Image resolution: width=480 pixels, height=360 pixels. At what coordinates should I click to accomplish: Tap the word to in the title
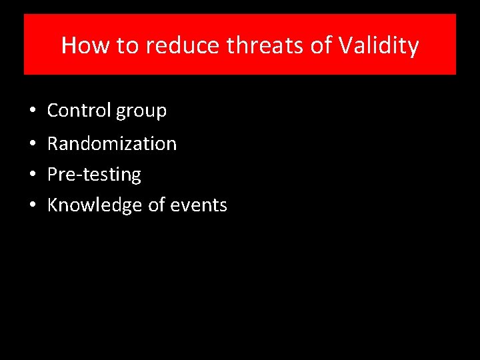point(126,45)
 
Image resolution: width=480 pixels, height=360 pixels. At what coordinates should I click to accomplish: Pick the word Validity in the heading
point(379,45)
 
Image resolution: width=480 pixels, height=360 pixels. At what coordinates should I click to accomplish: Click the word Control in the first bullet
point(79,111)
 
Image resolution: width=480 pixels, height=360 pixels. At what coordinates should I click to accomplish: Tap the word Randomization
point(112,143)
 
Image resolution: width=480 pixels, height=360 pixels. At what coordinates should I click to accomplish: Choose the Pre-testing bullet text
point(94,175)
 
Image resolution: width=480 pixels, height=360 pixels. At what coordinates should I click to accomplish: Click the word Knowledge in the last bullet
point(95,205)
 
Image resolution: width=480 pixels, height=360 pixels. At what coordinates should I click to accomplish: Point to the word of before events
point(157,205)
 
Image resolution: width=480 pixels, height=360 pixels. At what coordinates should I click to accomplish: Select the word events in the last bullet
point(199,205)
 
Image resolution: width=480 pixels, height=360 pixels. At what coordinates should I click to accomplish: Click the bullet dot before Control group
point(32,111)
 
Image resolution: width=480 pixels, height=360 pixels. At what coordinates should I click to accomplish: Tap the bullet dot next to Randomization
point(32,144)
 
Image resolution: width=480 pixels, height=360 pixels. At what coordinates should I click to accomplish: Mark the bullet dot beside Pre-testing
point(32,175)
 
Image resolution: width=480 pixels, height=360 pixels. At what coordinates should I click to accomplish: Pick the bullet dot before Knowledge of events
point(32,205)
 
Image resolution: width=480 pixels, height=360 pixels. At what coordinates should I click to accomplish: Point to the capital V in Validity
point(346,45)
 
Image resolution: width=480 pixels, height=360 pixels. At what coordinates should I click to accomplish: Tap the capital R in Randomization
point(53,143)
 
